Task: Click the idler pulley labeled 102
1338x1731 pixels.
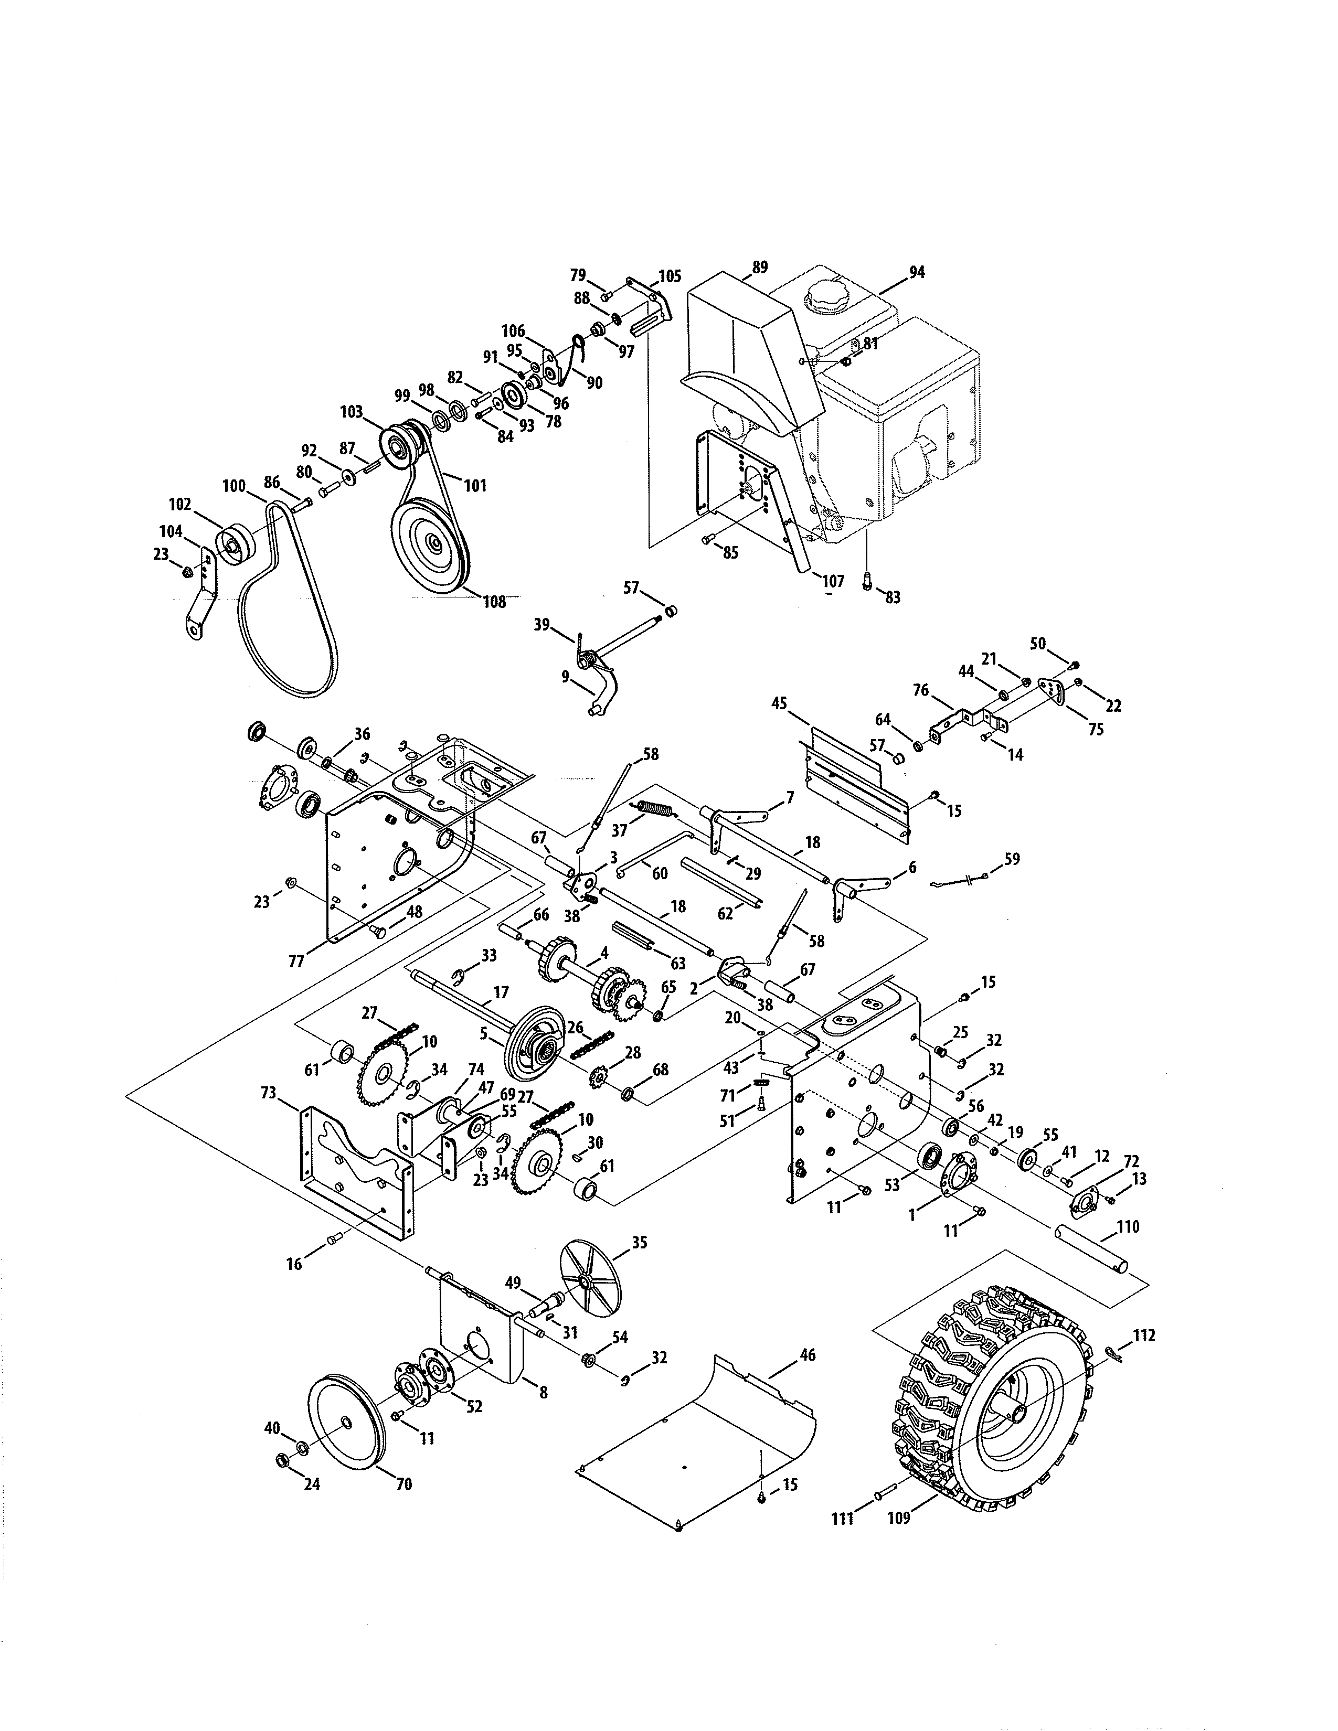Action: click(x=236, y=544)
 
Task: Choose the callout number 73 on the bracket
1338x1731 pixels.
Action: click(x=268, y=1094)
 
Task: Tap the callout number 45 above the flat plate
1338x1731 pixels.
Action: click(x=779, y=703)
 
